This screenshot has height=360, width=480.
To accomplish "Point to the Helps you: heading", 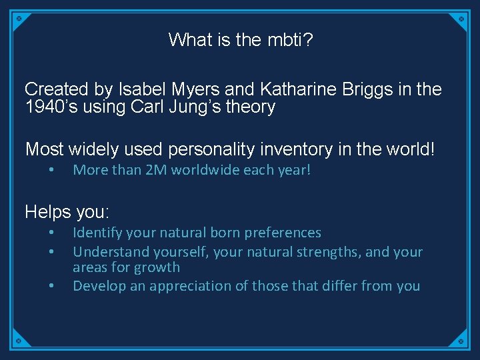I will (67, 212).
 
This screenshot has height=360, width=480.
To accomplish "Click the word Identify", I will (97, 233).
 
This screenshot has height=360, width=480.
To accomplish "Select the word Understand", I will (109, 252).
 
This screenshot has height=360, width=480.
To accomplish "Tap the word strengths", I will (322, 252).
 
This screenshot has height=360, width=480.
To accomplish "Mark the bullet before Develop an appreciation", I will (51, 286).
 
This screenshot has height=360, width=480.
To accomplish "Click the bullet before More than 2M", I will (51, 170).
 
